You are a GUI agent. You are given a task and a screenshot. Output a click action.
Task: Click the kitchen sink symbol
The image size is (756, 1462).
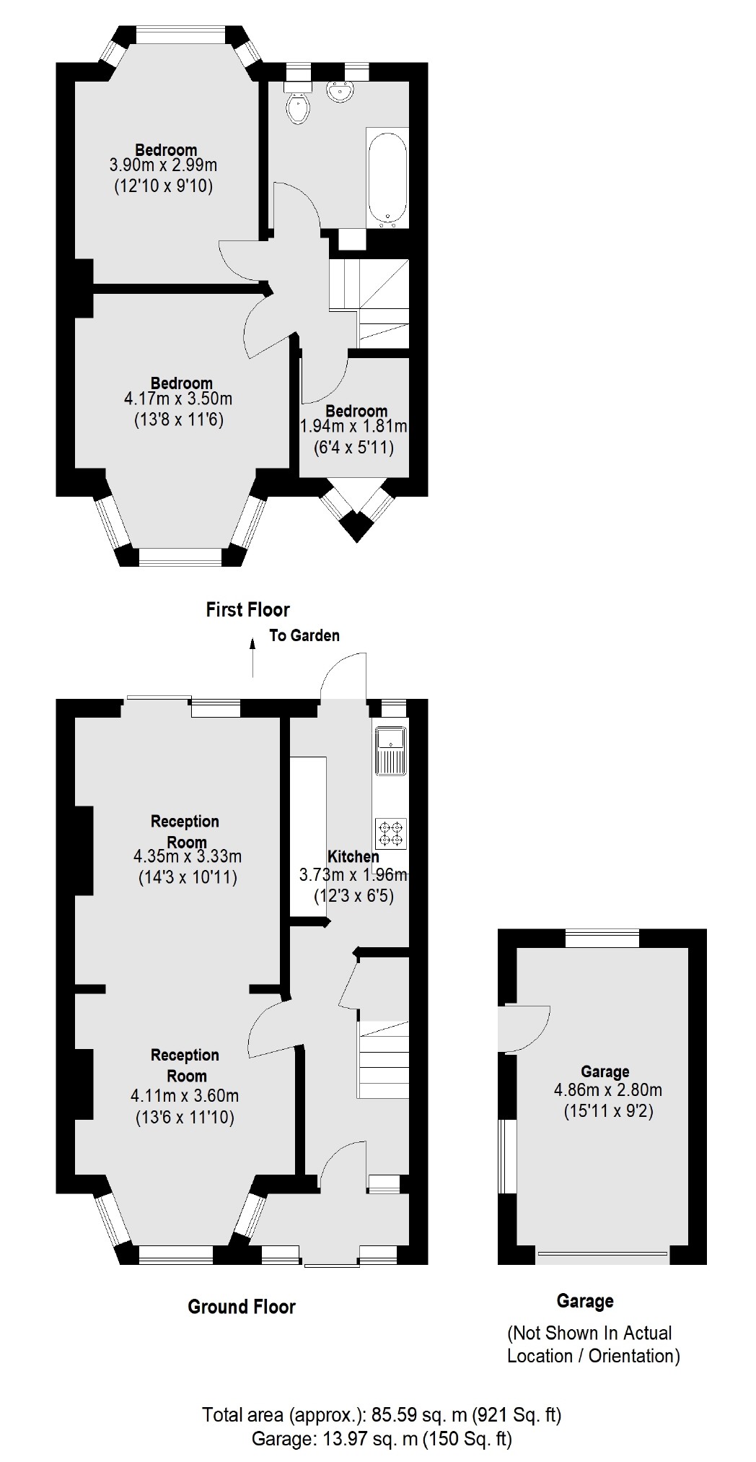click(391, 751)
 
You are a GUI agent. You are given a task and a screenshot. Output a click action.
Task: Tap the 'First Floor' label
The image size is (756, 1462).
click(247, 610)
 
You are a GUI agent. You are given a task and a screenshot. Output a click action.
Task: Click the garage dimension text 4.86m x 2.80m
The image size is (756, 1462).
click(608, 1090)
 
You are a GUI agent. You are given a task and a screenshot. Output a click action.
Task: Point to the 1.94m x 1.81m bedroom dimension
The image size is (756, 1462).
click(353, 427)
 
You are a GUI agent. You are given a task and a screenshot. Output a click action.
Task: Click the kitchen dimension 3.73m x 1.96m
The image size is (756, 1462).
click(353, 875)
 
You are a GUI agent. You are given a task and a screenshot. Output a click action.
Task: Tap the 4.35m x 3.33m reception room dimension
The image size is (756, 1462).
click(188, 857)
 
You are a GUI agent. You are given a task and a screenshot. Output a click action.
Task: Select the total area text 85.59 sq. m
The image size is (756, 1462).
click(382, 1414)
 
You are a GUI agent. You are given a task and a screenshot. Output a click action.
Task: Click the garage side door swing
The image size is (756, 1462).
click(527, 1028)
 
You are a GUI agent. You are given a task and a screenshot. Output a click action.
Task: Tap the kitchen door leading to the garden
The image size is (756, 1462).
click(345, 675)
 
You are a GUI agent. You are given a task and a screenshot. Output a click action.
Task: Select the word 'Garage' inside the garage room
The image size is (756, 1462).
click(605, 1072)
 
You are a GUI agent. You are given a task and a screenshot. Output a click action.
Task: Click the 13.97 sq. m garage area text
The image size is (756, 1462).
click(382, 1439)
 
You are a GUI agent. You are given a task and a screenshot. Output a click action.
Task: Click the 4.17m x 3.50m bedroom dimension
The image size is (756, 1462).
click(178, 399)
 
